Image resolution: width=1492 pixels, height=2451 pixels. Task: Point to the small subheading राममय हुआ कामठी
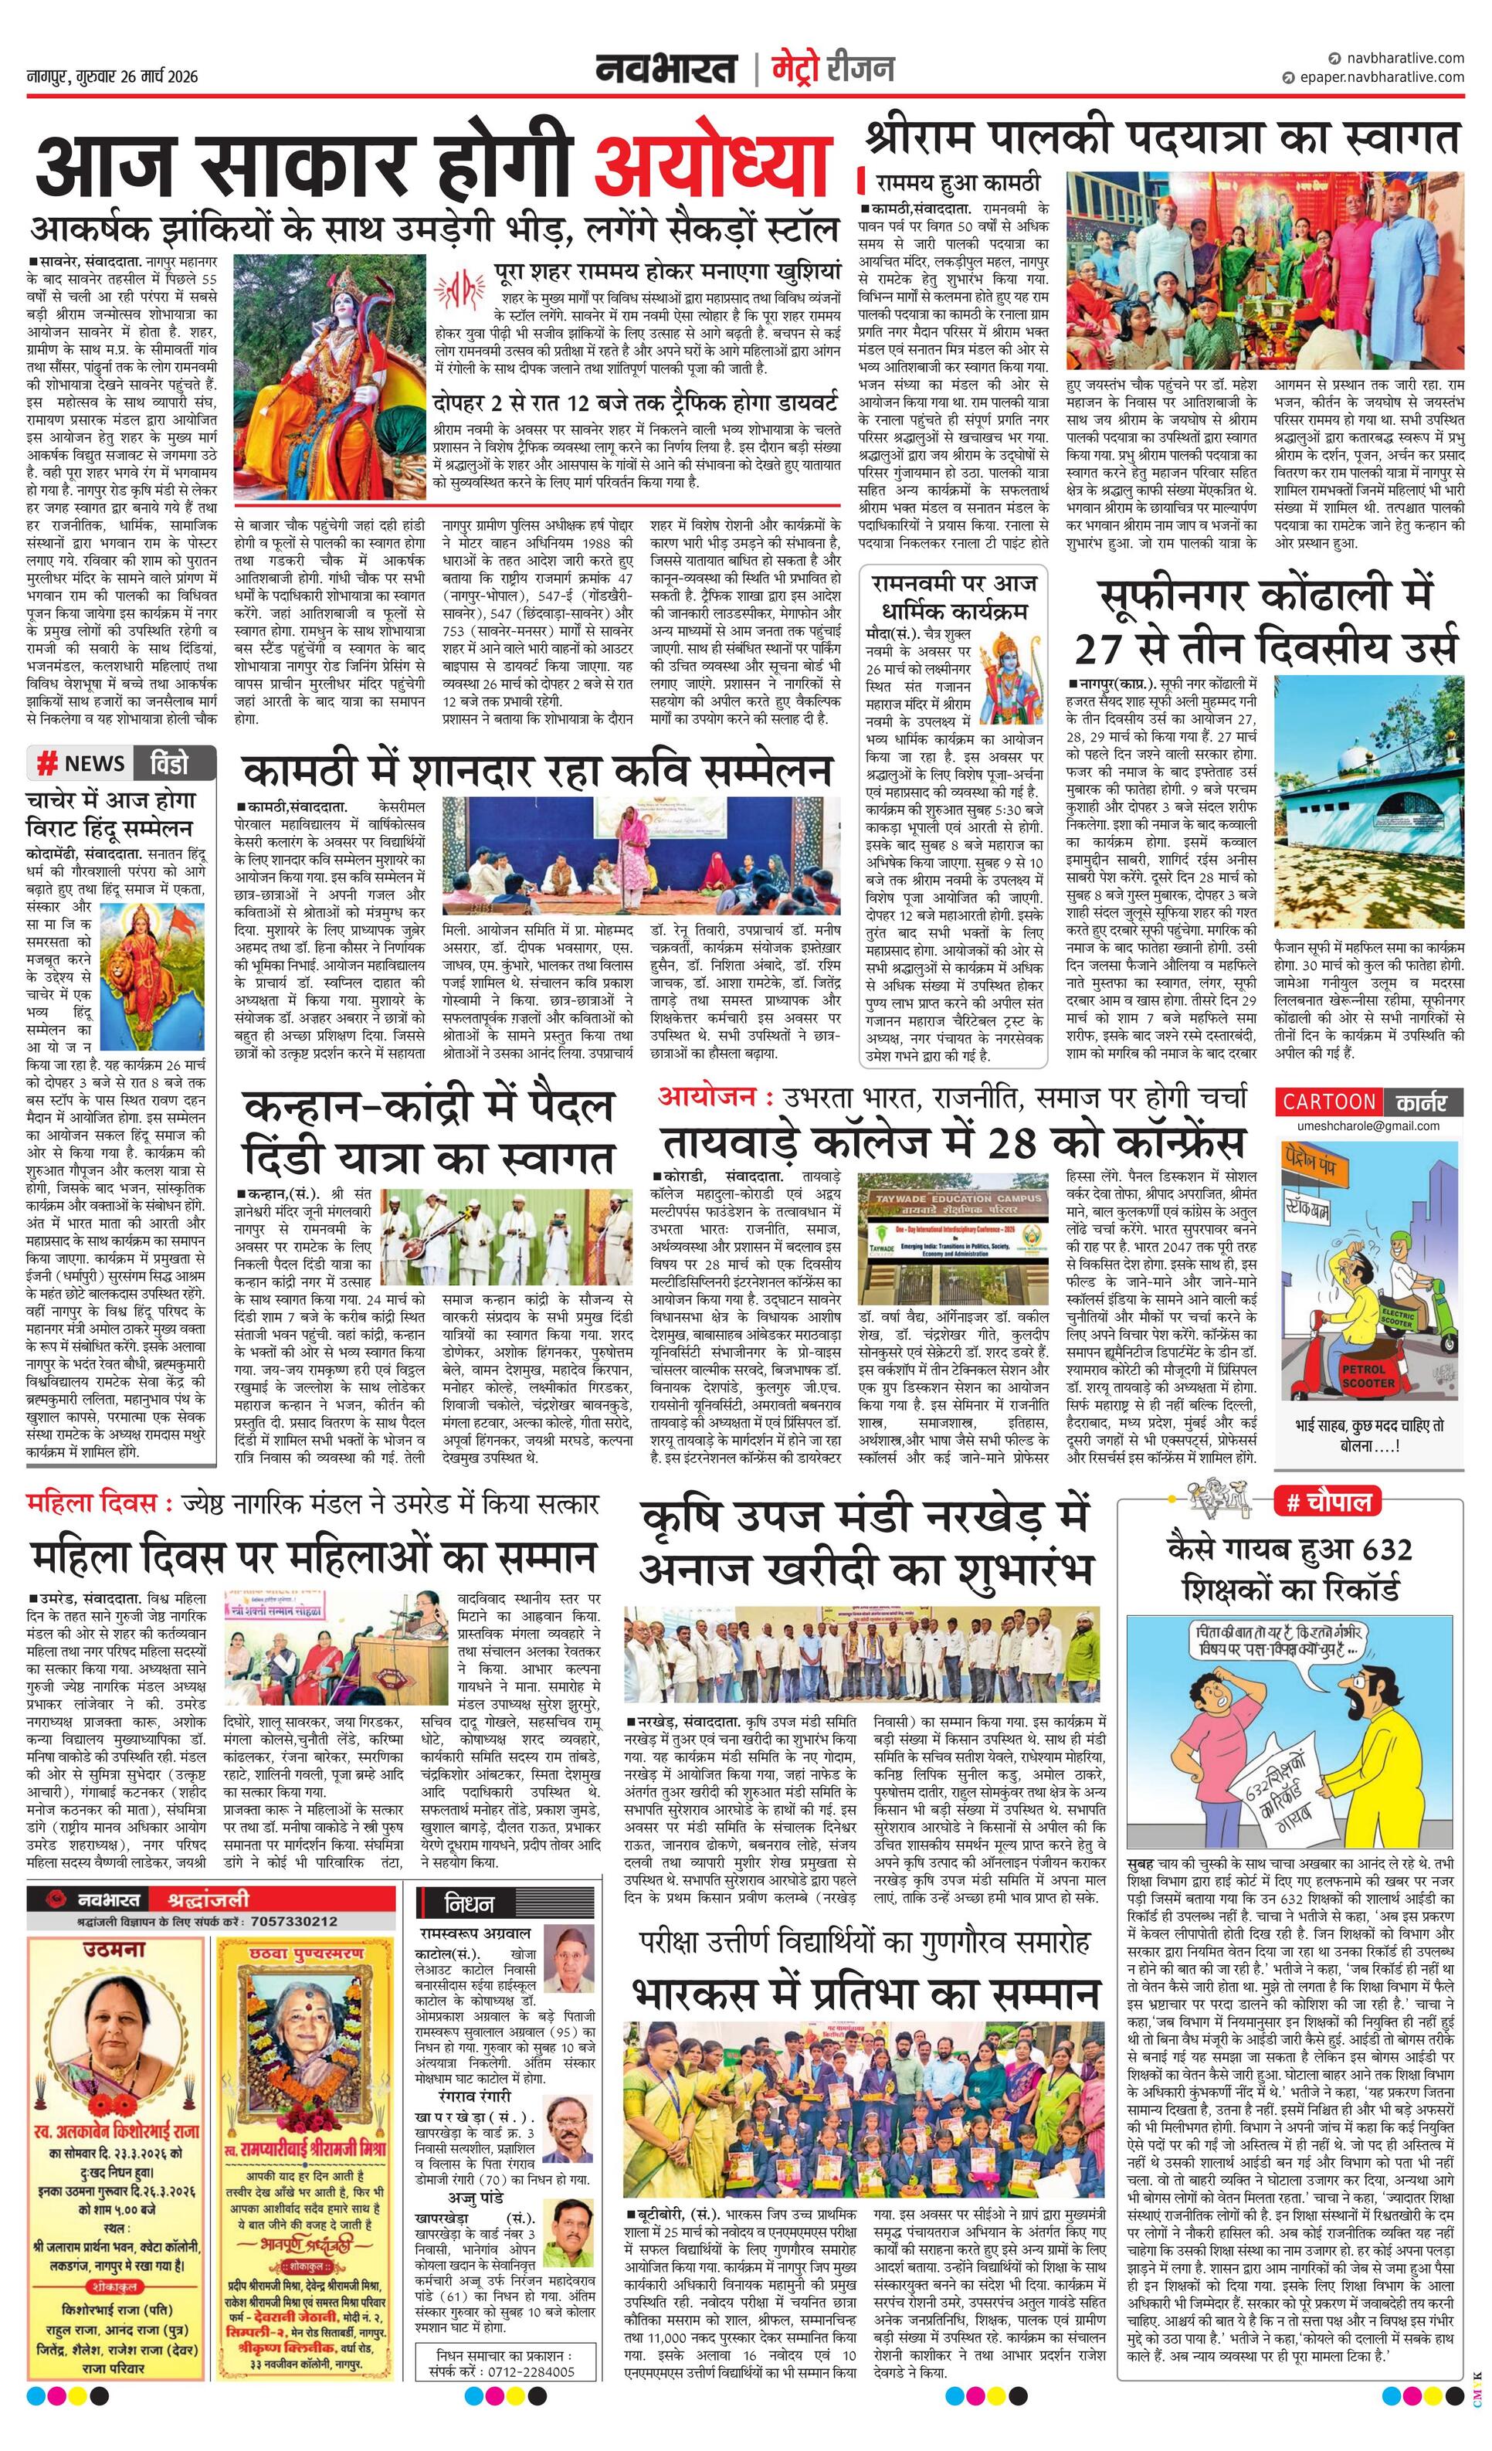click(957, 183)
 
